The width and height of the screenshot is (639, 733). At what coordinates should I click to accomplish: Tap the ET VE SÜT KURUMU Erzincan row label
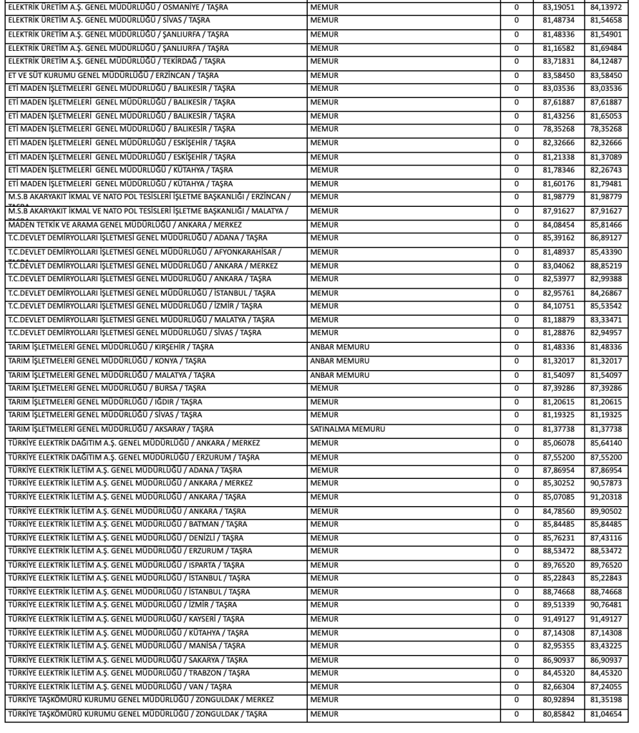point(114,75)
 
